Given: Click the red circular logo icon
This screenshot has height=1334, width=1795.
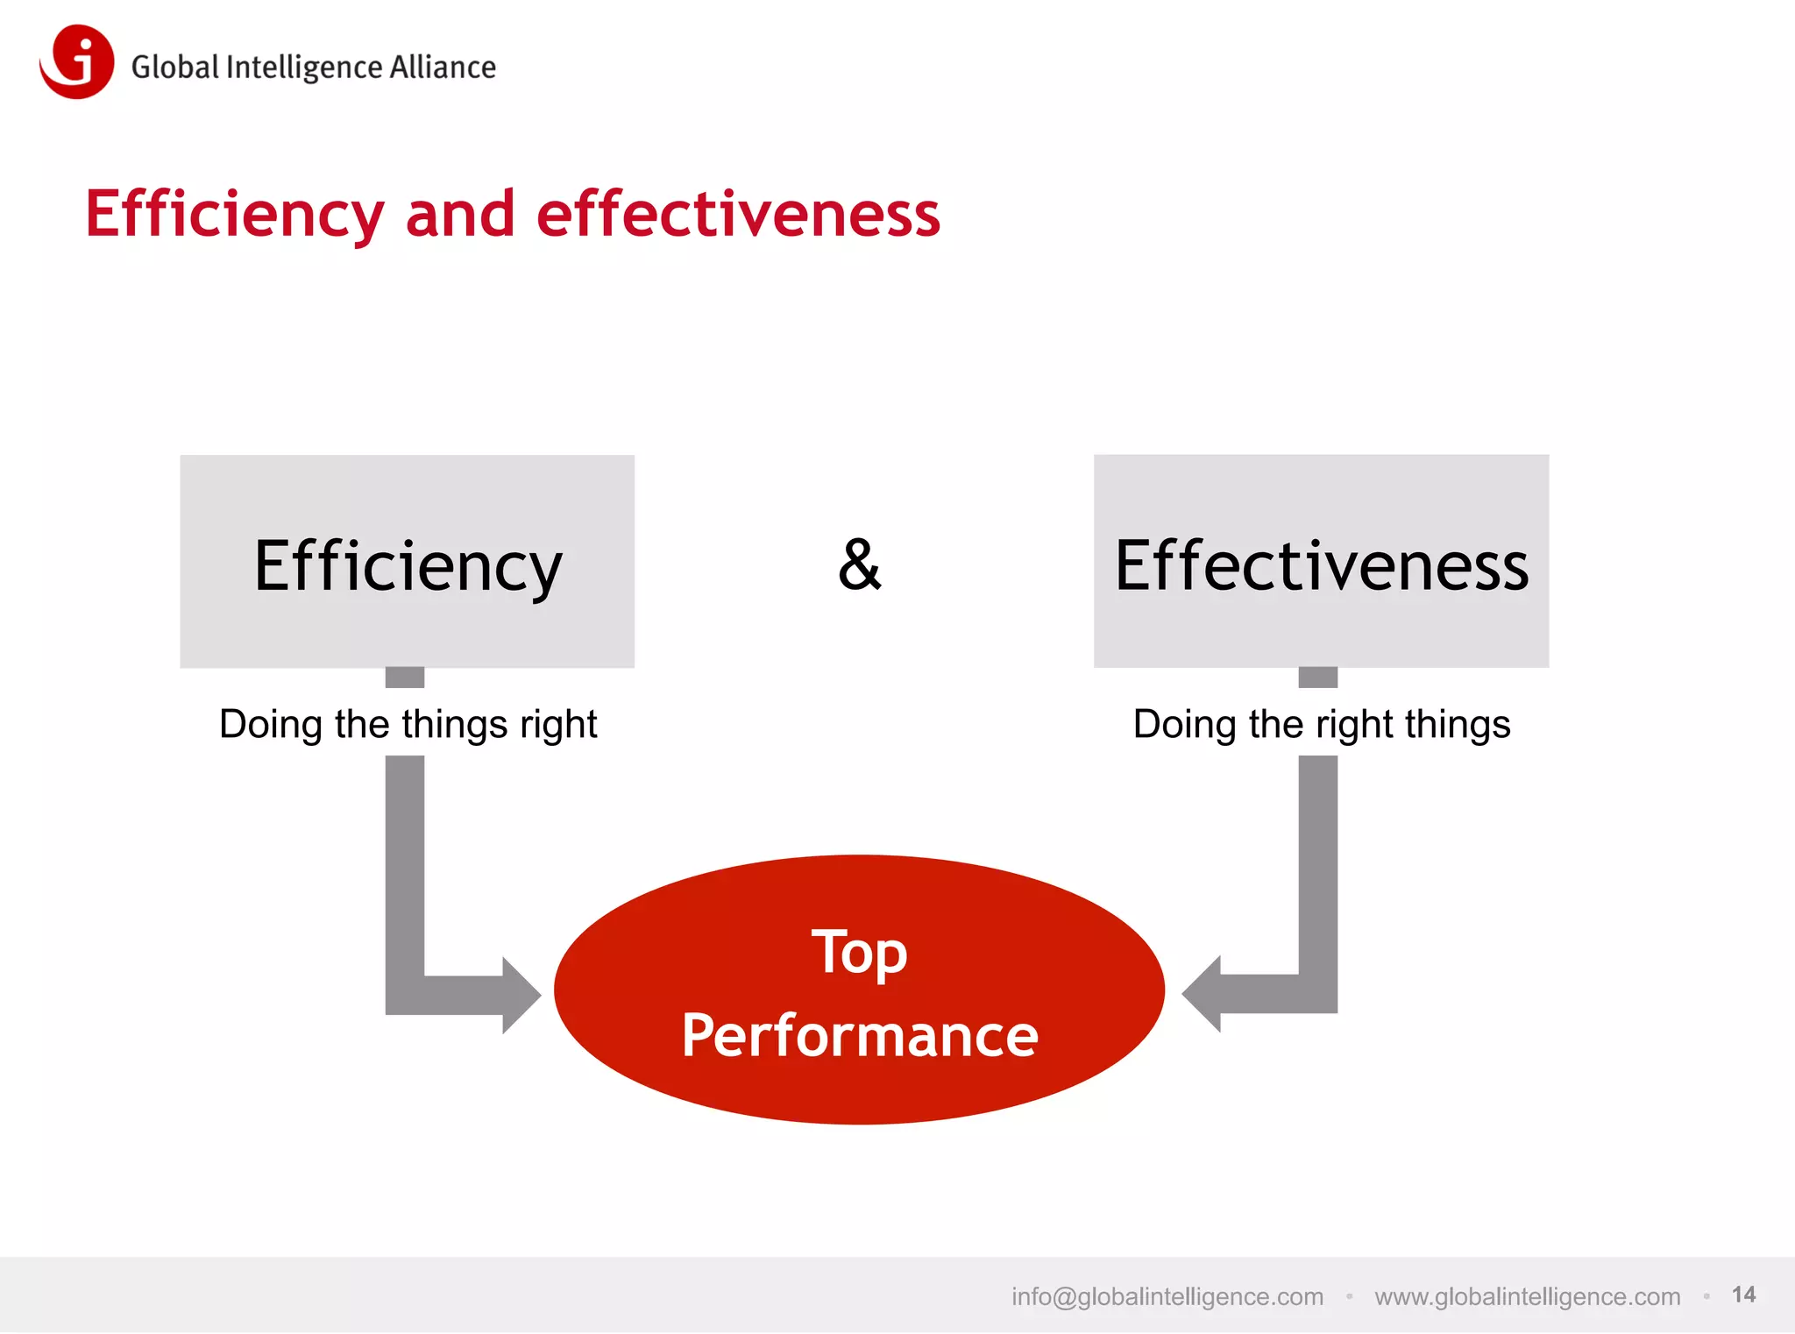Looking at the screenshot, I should [77, 61].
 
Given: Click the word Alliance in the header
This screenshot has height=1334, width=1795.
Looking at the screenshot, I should [443, 67].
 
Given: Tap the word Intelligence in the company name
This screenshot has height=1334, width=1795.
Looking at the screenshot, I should [304, 68].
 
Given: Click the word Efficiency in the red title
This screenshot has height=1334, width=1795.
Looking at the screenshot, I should [234, 215].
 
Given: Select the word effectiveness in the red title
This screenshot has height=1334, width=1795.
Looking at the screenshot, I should [738, 215].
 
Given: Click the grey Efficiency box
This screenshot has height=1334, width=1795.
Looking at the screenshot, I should [407, 561].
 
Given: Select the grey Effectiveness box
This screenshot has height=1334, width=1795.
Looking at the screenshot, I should [1321, 561].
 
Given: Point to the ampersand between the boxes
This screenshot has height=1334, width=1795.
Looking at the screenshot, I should [859, 565].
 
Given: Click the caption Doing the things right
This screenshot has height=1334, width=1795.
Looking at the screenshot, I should [408, 725].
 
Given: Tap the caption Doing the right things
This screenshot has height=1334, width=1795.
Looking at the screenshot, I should [1322, 725].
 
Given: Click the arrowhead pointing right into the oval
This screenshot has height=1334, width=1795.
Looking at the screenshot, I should [521, 995].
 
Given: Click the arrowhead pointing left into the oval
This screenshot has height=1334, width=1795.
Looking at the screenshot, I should [1203, 995].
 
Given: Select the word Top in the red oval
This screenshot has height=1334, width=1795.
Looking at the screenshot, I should [859, 953].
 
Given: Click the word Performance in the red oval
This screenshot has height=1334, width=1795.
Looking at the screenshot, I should [859, 1035].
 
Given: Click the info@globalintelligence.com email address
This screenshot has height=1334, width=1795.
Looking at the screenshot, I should [1167, 1296].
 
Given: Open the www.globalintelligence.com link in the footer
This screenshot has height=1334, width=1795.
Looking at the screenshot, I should [1527, 1296].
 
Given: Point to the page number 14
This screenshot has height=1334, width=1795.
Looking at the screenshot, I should [1743, 1295].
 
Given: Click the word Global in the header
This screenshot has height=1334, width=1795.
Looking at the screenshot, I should [174, 67].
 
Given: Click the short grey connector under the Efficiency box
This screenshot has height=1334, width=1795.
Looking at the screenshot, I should [405, 678].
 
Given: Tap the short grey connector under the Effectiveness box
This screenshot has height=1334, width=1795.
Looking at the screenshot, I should [1317, 678].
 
